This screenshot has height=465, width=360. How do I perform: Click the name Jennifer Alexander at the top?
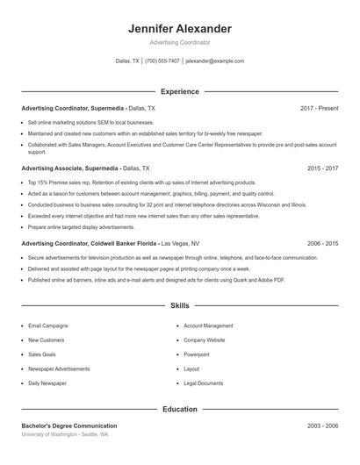point(179,28)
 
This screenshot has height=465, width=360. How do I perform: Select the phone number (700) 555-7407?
point(162,61)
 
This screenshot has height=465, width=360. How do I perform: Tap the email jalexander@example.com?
point(215,61)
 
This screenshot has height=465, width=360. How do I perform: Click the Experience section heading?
point(179,91)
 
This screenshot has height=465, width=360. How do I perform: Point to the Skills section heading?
point(179,306)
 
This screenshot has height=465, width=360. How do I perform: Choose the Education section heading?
point(179,409)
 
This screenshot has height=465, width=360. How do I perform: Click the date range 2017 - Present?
point(319,108)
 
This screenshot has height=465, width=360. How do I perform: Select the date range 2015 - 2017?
point(322,167)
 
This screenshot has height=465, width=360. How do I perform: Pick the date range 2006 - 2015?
point(322,242)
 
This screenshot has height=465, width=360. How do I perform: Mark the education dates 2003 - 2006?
point(322,426)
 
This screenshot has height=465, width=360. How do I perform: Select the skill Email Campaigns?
point(47,325)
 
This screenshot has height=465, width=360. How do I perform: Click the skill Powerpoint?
point(197,354)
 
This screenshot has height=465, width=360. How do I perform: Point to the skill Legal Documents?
point(203,383)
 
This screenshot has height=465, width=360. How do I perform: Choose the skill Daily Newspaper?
point(47,383)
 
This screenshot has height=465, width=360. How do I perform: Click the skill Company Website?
point(205,340)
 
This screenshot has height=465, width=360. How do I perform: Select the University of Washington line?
point(65,434)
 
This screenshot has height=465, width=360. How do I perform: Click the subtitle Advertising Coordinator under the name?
point(179,42)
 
